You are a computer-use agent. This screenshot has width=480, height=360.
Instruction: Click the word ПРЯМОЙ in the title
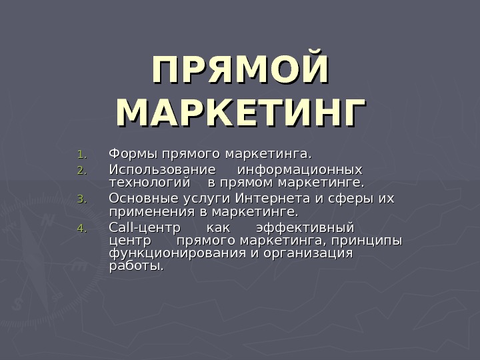(241, 71)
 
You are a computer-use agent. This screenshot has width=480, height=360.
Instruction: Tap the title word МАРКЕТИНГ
(241, 113)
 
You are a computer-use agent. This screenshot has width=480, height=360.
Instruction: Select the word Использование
(162, 170)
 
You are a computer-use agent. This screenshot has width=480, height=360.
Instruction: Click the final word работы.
(135, 266)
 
